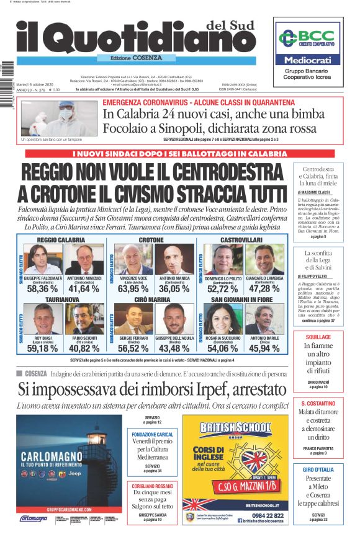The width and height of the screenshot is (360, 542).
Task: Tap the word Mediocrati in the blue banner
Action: coord(308,60)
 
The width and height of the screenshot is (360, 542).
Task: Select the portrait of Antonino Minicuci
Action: coord(84,260)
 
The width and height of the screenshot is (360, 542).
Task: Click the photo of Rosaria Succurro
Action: coord(222,318)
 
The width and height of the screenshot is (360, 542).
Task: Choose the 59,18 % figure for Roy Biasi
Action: coord(42,349)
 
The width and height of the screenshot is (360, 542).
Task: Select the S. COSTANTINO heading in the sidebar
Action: coord(317,404)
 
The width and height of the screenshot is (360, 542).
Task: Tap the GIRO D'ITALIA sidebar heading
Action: coord(317,469)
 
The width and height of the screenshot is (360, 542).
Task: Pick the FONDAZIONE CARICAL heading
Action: coord(152,434)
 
